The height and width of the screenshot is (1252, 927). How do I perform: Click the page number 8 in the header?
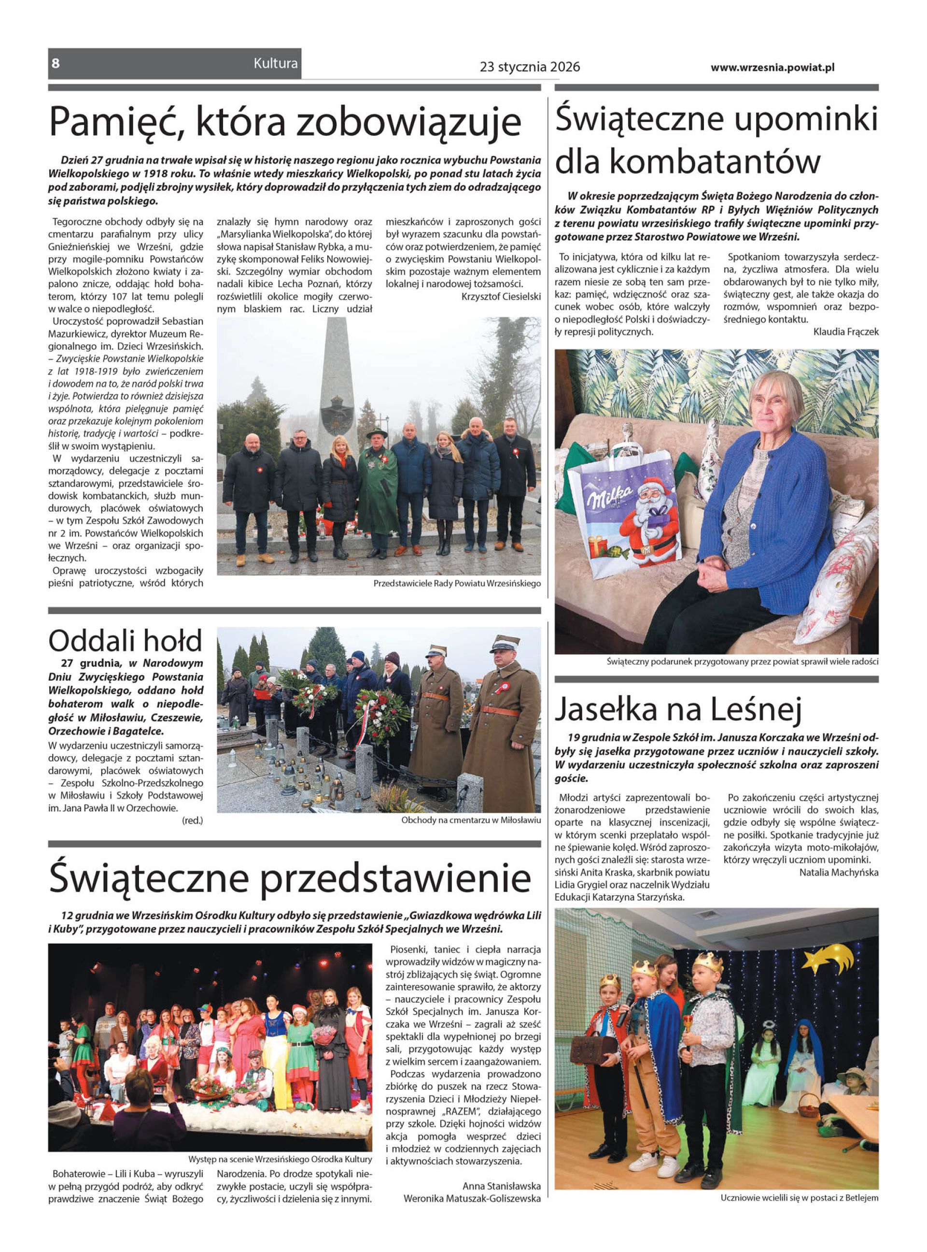click(x=55, y=63)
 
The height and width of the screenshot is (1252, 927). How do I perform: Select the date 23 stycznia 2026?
click(x=530, y=67)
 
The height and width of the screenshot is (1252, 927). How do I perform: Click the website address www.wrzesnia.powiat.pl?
click(x=772, y=67)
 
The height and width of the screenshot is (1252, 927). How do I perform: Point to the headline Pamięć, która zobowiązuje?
click(x=285, y=121)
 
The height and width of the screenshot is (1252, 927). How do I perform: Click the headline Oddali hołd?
click(x=125, y=640)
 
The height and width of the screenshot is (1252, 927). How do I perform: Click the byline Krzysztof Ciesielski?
click(x=501, y=296)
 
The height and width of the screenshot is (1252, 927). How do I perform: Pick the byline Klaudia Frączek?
click(x=845, y=332)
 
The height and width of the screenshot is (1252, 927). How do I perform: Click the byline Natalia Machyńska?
click(x=838, y=873)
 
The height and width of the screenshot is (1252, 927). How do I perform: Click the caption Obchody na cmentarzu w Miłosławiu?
click(x=470, y=820)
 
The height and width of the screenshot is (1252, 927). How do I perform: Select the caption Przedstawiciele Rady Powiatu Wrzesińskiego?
click(x=457, y=583)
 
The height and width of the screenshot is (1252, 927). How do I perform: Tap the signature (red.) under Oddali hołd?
click(x=193, y=820)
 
